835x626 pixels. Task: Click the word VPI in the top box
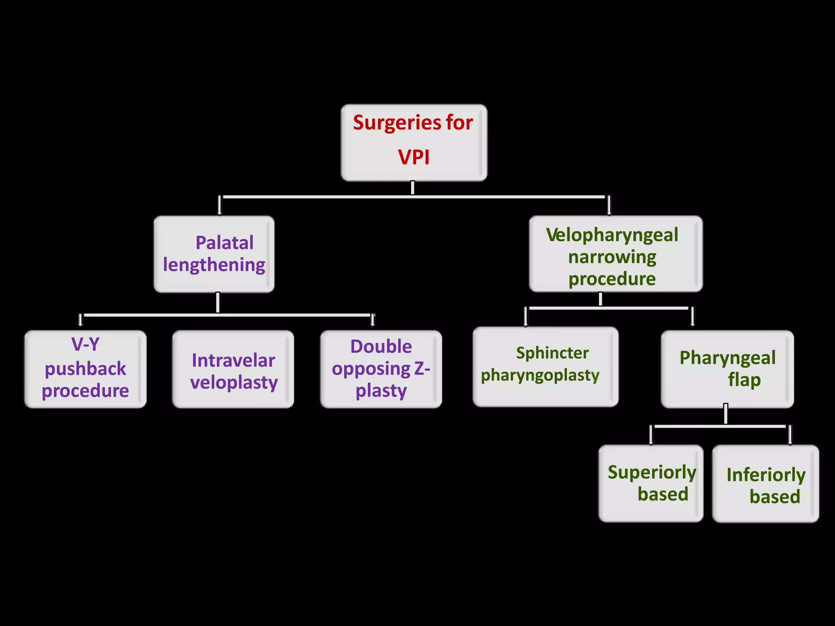(x=414, y=157)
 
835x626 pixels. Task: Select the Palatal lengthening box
(x=214, y=254)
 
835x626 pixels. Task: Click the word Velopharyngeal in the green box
(x=612, y=235)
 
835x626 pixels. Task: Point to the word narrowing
(x=612, y=257)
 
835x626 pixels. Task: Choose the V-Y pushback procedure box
(x=85, y=369)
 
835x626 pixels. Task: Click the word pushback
(x=85, y=369)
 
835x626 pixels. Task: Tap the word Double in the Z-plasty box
(x=381, y=347)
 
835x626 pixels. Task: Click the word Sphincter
(x=552, y=353)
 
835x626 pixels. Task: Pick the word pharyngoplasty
(x=540, y=375)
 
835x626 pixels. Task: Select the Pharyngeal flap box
(x=727, y=369)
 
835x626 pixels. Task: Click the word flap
(x=744, y=380)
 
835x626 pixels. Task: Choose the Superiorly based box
(x=651, y=483)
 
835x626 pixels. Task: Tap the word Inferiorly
(x=766, y=475)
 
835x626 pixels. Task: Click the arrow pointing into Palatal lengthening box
(x=220, y=205)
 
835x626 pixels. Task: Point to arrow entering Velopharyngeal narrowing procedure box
(x=609, y=205)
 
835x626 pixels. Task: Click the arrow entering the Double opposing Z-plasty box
(x=372, y=320)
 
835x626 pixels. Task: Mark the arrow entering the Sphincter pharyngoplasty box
(x=526, y=317)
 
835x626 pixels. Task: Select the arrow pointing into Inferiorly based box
(x=790, y=435)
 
